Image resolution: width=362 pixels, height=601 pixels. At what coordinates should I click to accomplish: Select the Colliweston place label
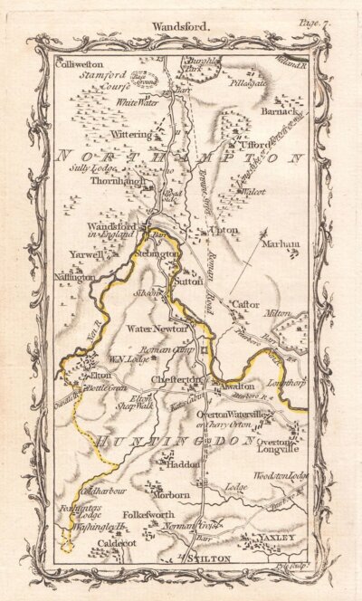80,65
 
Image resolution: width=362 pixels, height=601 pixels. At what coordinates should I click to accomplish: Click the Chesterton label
174,380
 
